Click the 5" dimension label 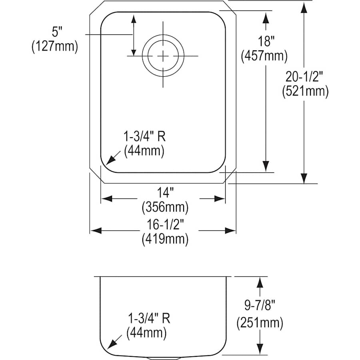tap(54, 31)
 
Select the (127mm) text tap(54, 46)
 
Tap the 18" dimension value tap(264, 41)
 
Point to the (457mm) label tap(264, 56)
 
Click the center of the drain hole tap(163, 56)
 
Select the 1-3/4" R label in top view tap(144, 136)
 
